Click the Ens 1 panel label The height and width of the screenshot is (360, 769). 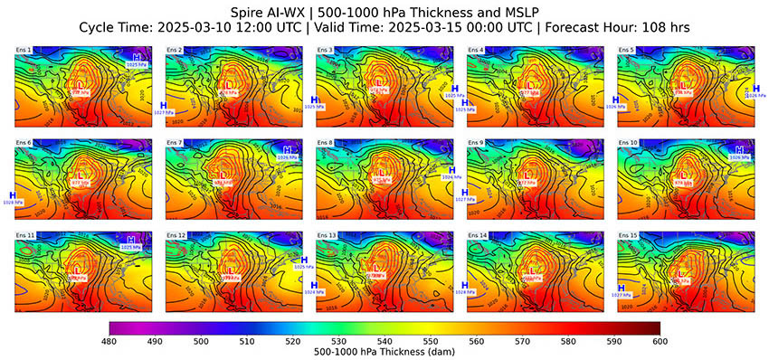pos(24,50)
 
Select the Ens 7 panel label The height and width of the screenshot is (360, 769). pos(174,143)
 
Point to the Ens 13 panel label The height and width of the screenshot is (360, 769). pos(326,234)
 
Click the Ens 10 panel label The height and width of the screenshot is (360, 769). pos(628,143)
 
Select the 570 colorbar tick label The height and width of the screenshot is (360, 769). pos(522,342)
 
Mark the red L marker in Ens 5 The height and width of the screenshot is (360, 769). pos(680,85)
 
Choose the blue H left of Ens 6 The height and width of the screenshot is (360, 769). pos(13,194)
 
